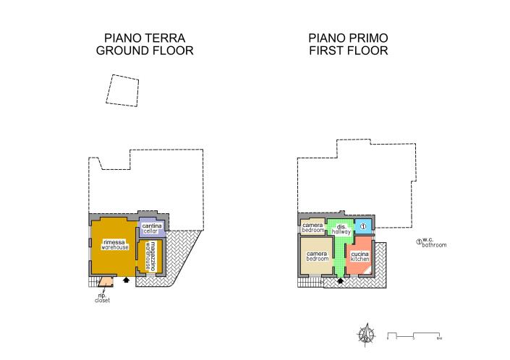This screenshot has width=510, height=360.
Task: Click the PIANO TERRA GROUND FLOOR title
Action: point(144,44)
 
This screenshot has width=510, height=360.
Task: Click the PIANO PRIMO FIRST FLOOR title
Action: point(347,44)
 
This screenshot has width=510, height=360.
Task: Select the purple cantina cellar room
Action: point(152,228)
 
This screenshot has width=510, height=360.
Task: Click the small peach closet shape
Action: point(105,283)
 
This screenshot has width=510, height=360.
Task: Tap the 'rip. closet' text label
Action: point(102,298)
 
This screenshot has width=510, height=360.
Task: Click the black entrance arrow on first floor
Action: point(340,281)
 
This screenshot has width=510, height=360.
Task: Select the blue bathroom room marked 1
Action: point(363,227)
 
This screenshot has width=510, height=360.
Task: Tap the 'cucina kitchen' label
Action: point(360,257)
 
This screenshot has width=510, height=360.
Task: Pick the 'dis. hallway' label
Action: point(343,228)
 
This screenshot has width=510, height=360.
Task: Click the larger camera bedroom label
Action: point(317,257)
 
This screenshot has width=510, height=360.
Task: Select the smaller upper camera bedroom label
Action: point(312,227)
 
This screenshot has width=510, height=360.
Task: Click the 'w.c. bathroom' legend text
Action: point(434,243)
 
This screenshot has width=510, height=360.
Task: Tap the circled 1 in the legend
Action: point(418,242)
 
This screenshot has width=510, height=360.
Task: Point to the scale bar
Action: point(414,336)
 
